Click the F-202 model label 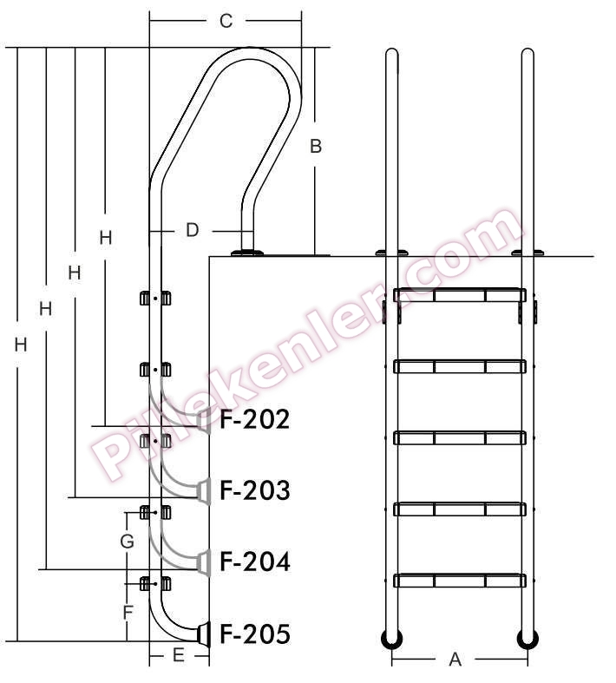click(255, 419)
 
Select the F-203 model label click(255, 490)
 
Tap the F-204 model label click(255, 562)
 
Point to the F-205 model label click(255, 634)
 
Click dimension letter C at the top click(226, 21)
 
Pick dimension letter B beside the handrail click(316, 146)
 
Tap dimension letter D click(192, 230)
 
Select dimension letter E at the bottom click(179, 655)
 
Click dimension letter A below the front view click(455, 660)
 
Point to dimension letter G click(128, 542)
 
